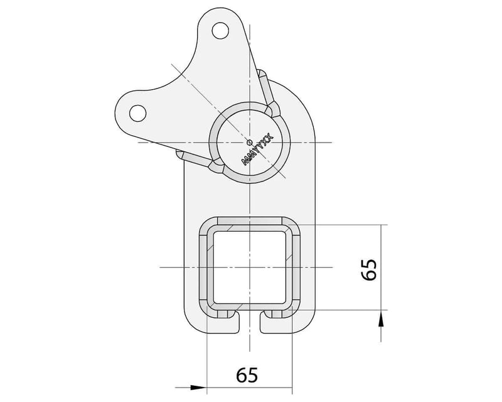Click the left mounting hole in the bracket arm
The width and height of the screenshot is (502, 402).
pyautogui.click(x=135, y=112)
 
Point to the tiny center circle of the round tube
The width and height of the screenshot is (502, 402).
pyautogui.click(x=250, y=141)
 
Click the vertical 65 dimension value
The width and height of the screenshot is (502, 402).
pyautogui.click(x=370, y=269)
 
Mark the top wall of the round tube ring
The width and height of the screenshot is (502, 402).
pyautogui.click(x=250, y=103)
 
